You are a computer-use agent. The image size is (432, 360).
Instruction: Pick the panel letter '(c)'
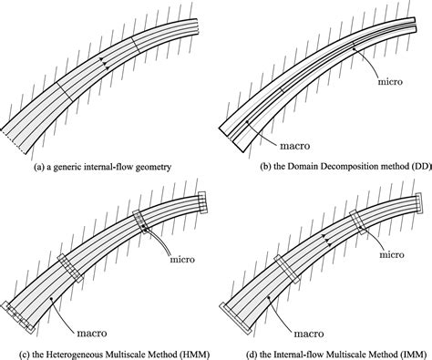click(11, 350)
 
